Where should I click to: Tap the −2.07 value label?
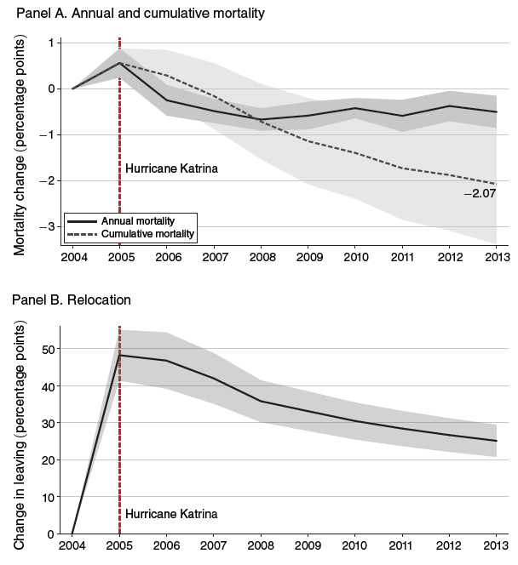coord(480,194)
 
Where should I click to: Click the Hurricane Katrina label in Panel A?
coord(171,168)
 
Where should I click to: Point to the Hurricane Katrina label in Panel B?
coord(171,514)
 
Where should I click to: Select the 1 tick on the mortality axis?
coord(53,43)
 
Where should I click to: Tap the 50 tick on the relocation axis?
coord(49,349)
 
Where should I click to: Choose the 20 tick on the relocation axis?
coord(49,460)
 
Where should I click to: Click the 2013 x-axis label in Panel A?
coord(497,257)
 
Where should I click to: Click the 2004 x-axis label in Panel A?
coord(72,257)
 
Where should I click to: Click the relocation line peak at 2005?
coord(120,355)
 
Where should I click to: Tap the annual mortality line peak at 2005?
coord(120,63)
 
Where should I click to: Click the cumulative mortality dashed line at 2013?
coord(497,183)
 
